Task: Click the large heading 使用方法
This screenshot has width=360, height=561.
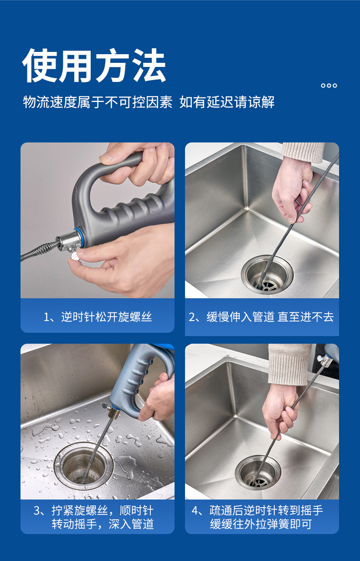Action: point(94,66)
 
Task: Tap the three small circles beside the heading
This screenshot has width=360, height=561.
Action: point(329,86)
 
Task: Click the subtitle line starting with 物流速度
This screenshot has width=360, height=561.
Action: point(149,102)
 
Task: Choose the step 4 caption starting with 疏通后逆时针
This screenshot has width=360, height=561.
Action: point(257,517)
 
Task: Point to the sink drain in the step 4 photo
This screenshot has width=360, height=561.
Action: point(258,472)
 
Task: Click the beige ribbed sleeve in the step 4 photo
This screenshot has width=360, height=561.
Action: point(289,365)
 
